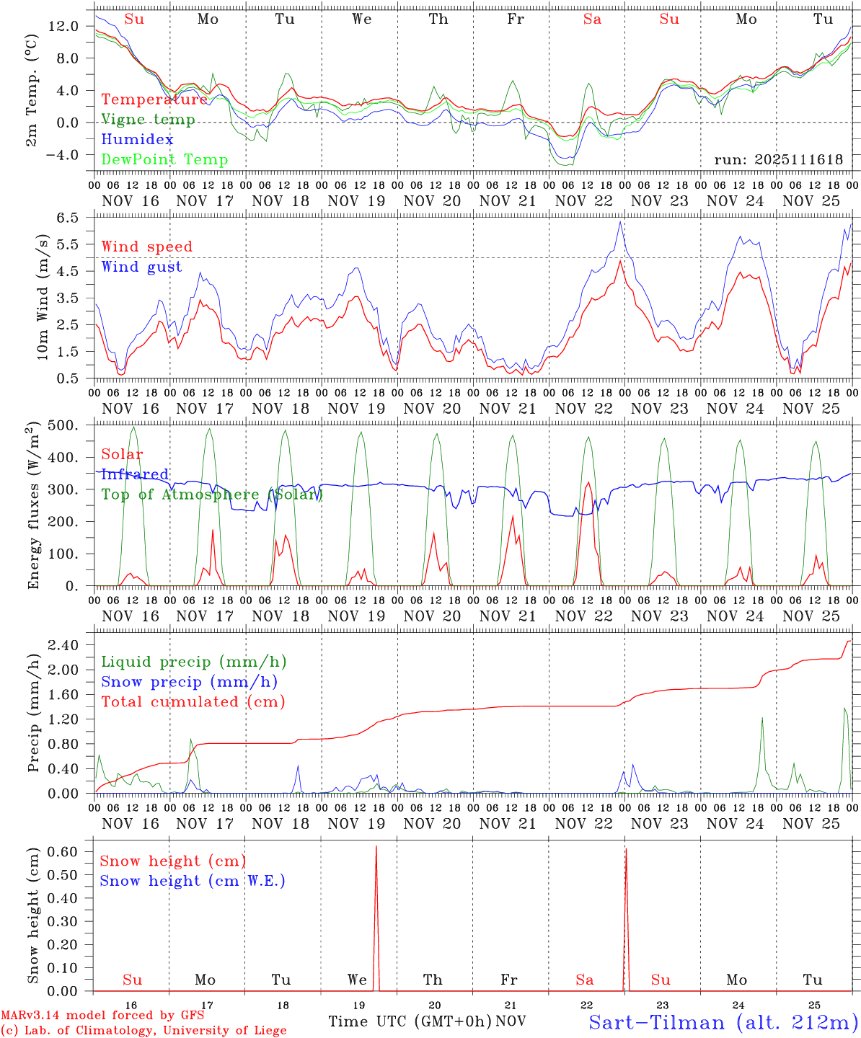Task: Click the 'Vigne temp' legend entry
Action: pos(148,120)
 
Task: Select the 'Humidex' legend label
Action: pos(137,139)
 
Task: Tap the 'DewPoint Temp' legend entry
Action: pos(164,159)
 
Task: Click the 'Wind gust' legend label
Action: pos(141,267)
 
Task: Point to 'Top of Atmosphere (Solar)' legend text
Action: pos(211,494)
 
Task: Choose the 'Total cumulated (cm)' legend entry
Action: pos(193,701)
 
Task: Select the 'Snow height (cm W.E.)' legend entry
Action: pos(193,881)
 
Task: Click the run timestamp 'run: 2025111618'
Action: pos(778,160)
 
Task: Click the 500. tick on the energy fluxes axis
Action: pos(63,425)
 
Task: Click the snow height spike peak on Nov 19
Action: pos(376,847)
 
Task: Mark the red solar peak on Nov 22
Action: pos(588,482)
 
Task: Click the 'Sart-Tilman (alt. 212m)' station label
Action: pos(723,1022)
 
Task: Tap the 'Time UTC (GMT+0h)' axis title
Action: pos(410,1021)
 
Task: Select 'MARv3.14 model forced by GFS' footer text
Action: pos(102,1016)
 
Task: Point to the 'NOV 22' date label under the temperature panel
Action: pos(585,201)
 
